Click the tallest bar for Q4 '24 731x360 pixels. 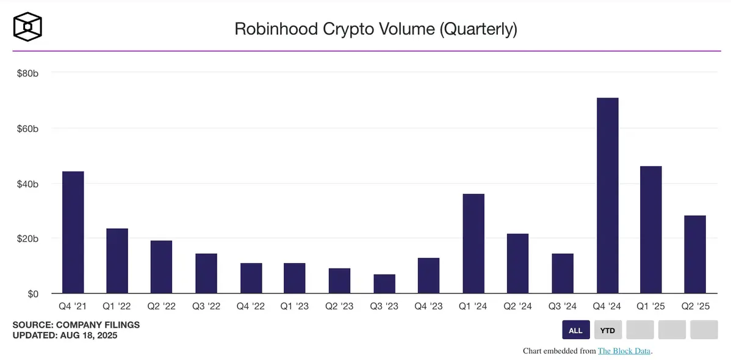pyautogui.click(x=607, y=195)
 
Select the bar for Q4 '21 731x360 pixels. pyautogui.click(x=73, y=232)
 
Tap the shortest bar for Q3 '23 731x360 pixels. pyautogui.click(x=384, y=284)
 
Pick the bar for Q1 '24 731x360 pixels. pyautogui.click(x=474, y=243)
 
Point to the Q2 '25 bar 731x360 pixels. pyautogui.click(x=695, y=254)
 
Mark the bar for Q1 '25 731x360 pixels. pyautogui.click(x=650, y=229)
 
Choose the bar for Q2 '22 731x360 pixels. pyautogui.click(x=162, y=267)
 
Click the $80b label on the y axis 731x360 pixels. pyautogui.click(x=27, y=73)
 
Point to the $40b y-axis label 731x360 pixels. pyautogui.click(x=27, y=184)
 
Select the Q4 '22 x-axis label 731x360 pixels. pyautogui.click(x=251, y=306)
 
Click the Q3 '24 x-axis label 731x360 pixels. pyautogui.click(x=563, y=306)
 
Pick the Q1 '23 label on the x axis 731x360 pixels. pyautogui.click(x=295, y=306)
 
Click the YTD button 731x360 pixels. pyautogui.click(x=608, y=330)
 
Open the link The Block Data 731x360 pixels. pyautogui.click(x=624, y=351)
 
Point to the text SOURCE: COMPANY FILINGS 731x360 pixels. pyautogui.click(x=76, y=325)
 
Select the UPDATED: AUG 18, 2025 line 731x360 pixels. pyautogui.click(x=65, y=335)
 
